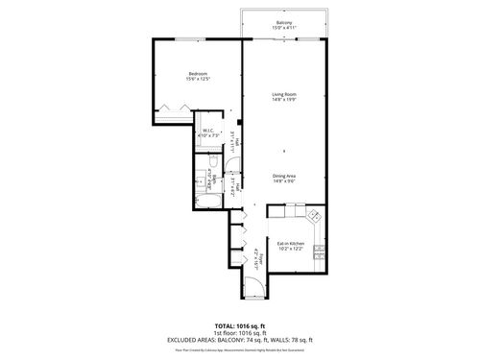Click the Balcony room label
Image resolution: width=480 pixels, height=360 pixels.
pos(284,22)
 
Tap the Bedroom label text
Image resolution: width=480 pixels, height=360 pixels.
pos(199,74)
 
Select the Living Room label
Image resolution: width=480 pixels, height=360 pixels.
pos(284,94)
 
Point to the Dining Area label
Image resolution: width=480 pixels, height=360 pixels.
pos(284,175)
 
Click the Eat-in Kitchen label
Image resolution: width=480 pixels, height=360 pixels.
pos(292,244)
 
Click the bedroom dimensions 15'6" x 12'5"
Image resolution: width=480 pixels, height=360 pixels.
pos(199,80)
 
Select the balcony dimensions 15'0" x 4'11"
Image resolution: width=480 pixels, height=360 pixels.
pos(284,28)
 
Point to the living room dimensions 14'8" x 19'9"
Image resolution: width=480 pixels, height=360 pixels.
pos(284,100)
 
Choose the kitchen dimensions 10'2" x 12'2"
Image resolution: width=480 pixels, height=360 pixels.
pos(292,250)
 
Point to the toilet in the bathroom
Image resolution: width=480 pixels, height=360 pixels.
pos(216,177)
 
